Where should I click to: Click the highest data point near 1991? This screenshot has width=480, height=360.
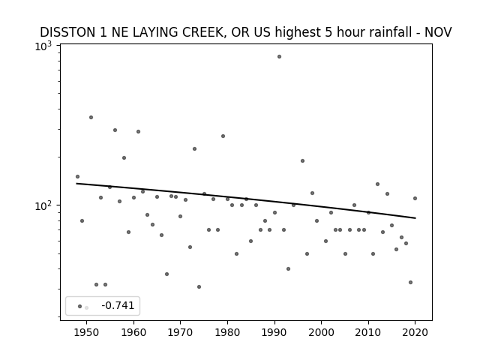(279, 57)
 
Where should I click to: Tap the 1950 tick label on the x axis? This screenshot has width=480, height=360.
(87, 332)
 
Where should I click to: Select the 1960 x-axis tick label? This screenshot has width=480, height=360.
(133, 332)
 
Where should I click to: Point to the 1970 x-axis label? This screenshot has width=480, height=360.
(180, 332)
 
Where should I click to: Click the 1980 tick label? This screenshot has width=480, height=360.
(227, 332)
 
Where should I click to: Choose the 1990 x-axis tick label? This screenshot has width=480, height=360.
(274, 332)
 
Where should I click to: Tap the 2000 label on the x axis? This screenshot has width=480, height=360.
(322, 332)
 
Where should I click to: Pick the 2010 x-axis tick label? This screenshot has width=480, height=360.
(368, 332)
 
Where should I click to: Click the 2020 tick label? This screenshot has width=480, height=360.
(415, 332)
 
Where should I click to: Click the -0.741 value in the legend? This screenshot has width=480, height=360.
(118, 305)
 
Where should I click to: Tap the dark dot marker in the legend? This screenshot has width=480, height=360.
(80, 307)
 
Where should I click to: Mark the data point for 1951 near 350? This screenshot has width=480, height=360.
(91, 118)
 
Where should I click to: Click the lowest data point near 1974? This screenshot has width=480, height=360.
(199, 286)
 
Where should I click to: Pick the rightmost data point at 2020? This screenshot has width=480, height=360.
(415, 198)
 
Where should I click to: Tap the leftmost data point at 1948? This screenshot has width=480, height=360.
(77, 177)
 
